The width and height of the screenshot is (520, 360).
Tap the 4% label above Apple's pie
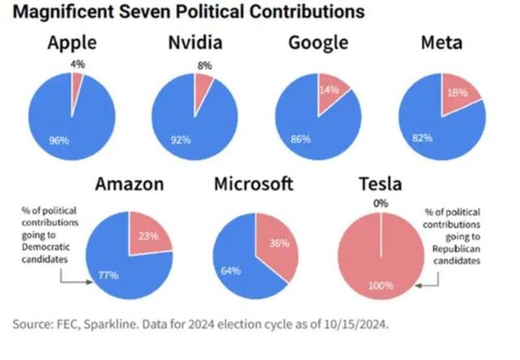(x=76, y=63)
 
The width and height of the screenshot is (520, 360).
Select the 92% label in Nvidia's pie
(x=180, y=139)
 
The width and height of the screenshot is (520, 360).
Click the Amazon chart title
(x=129, y=184)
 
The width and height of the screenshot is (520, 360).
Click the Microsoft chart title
(x=253, y=184)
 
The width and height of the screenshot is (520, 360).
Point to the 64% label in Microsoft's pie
(x=230, y=270)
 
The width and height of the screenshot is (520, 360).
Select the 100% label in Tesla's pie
(x=379, y=285)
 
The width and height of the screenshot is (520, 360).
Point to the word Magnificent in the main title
(x=63, y=13)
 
